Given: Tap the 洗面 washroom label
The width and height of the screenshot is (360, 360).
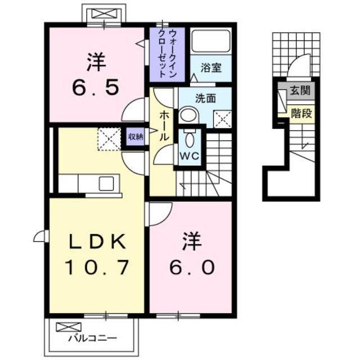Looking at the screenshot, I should pos(205,98).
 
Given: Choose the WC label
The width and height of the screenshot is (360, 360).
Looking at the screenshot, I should pos(187,155).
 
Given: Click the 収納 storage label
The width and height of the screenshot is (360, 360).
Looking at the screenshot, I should pos(135,136).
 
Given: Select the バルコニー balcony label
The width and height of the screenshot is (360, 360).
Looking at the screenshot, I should pos(93,339).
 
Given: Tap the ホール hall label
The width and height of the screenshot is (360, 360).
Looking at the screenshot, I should pos(163,125).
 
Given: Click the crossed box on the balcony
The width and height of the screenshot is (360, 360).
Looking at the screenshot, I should pos(65,326).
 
